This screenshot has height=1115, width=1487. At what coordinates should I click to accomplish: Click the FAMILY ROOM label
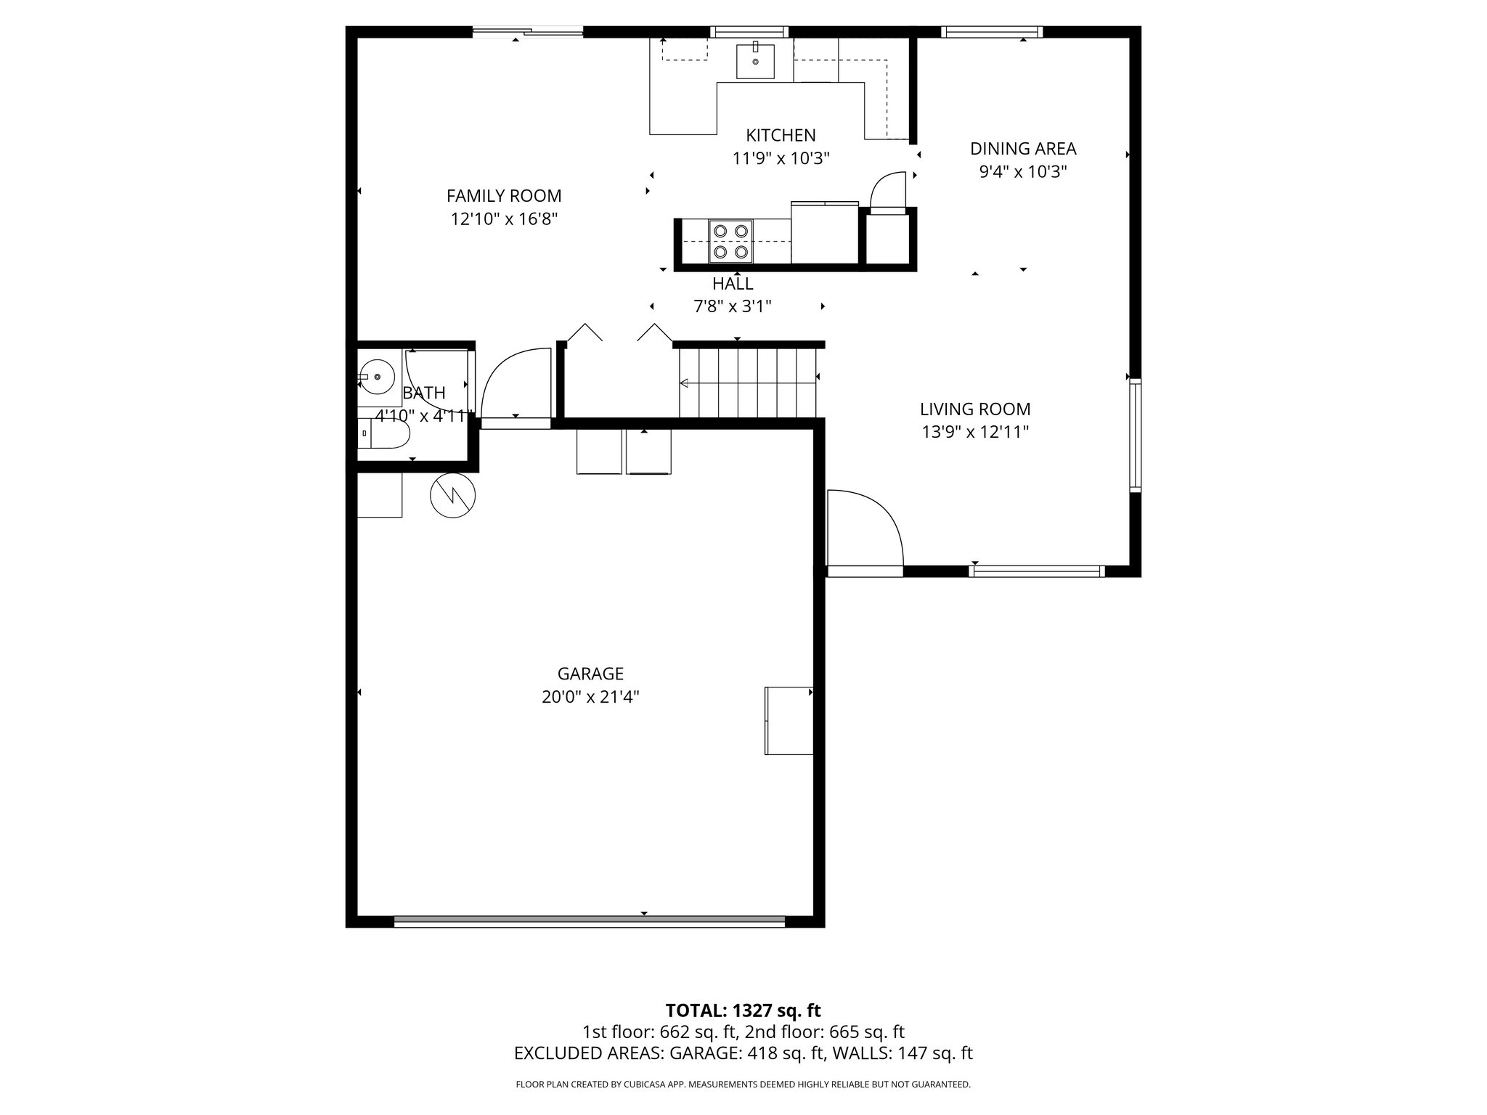click(503, 196)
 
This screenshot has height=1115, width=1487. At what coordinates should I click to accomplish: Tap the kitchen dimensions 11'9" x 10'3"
click(781, 158)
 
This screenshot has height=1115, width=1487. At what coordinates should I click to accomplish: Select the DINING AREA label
click(1022, 149)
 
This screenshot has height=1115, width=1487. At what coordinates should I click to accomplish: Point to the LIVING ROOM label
click(974, 409)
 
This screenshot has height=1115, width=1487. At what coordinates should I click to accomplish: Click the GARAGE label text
click(590, 674)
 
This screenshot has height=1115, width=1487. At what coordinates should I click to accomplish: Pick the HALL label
click(732, 284)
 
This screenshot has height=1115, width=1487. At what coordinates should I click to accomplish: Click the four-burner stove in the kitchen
click(730, 241)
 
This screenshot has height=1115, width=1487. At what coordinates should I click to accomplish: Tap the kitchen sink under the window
click(755, 61)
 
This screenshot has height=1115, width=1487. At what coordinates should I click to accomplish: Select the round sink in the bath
click(376, 377)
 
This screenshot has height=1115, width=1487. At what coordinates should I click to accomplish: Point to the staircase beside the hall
click(748, 382)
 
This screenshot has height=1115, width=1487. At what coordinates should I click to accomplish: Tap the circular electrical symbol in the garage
click(452, 496)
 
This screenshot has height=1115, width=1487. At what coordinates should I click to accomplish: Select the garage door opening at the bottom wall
click(589, 922)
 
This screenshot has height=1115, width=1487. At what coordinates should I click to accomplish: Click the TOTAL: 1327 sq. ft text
click(743, 1010)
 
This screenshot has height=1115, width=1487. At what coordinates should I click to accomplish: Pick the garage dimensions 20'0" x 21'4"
click(590, 698)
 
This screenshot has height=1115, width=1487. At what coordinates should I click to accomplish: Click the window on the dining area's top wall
click(991, 32)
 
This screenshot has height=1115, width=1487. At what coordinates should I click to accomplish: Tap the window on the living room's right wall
click(1135, 435)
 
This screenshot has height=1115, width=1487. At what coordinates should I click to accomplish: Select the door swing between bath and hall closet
click(514, 385)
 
